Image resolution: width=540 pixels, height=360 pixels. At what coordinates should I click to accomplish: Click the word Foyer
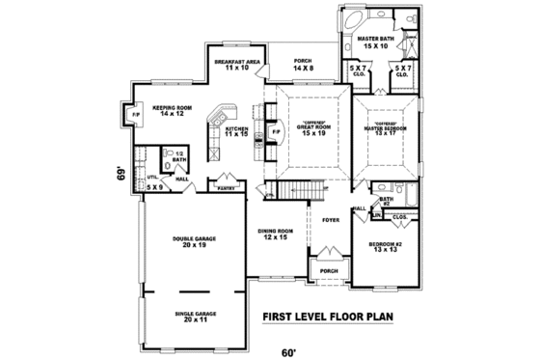(329, 221)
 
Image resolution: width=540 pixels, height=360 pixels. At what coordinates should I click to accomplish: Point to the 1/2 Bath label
(179, 156)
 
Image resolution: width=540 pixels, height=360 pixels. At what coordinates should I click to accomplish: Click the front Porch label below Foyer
(329, 270)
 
